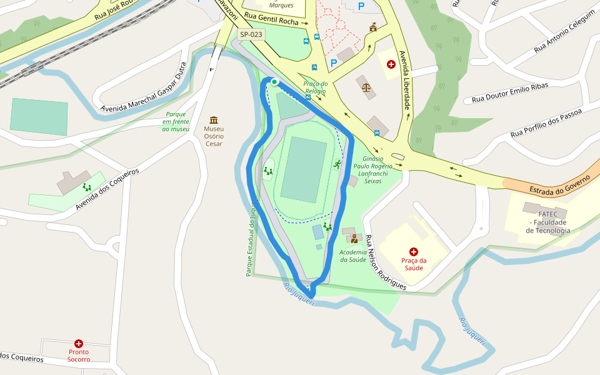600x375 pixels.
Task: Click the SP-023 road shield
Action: (x=252, y=35)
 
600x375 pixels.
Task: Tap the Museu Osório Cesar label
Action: (x=214, y=136)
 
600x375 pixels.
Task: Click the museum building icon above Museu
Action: (x=214, y=120)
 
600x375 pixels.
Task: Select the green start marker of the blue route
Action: (x=274, y=82)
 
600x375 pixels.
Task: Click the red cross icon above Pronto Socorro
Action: (x=79, y=343)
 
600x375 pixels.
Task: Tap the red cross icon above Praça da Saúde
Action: (x=414, y=251)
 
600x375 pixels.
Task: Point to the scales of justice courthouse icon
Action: (x=366, y=87)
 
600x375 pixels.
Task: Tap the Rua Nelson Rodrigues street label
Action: (x=386, y=263)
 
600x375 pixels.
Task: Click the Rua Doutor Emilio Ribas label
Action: (x=510, y=93)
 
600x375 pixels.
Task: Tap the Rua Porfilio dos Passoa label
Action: (x=546, y=122)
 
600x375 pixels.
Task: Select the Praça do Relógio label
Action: (x=316, y=87)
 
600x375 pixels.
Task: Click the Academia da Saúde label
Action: (x=352, y=256)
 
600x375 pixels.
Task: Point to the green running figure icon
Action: (x=337, y=164)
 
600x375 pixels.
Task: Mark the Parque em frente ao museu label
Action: (x=176, y=121)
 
